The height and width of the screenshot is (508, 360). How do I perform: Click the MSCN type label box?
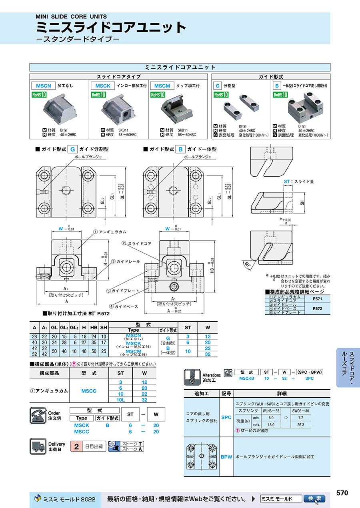(44, 86)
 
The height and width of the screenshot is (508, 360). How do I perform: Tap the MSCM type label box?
(162, 86)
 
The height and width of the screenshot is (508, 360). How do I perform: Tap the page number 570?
(342, 493)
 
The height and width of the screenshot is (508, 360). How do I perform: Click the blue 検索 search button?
(314, 499)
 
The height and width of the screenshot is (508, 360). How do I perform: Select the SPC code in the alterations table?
(226, 417)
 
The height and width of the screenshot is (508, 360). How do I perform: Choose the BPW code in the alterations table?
(226, 457)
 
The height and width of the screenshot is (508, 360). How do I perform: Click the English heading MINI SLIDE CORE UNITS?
(71, 17)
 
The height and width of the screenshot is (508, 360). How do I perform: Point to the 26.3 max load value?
(301, 424)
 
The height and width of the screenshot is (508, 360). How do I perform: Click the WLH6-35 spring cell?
(271, 410)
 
